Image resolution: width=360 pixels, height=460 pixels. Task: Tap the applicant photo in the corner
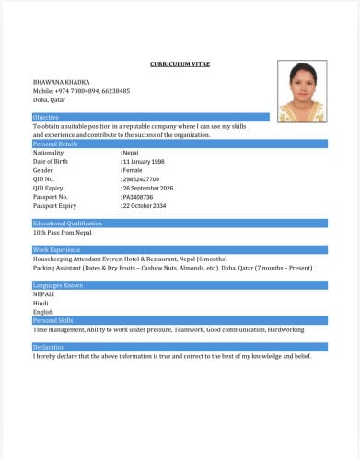(302, 92)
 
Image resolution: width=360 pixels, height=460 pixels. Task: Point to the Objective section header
(46, 118)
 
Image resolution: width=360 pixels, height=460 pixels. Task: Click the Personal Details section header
(55, 144)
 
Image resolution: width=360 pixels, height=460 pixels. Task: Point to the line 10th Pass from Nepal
(62, 233)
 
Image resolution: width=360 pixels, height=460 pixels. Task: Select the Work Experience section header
(57, 250)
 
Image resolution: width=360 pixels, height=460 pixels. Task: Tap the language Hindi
(41, 303)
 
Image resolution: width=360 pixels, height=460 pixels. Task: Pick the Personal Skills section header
(52, 320)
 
